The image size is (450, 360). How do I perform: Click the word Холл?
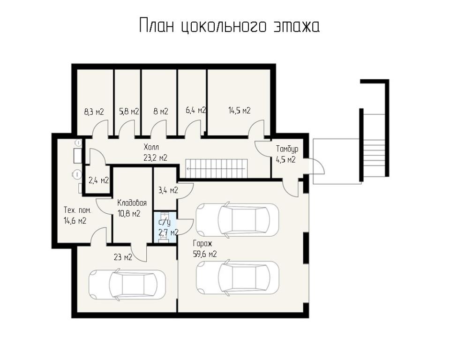pos(151,148)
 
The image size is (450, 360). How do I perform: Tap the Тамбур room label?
pos(287,149)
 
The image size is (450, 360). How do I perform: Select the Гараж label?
pos(202,244)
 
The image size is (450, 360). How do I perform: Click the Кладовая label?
pos(132,203)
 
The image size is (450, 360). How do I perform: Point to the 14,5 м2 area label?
pos(240,111)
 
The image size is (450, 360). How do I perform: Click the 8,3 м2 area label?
pos(94,112)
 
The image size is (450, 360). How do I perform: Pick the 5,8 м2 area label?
pos(129,111)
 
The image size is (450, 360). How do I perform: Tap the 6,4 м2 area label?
pos(196,110)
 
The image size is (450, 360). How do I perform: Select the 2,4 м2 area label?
pos(99,180)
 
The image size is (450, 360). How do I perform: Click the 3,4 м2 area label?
pos(168,190)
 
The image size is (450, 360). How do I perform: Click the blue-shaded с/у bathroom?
pos(165,227)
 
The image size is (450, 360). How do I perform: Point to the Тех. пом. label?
pos(77,210)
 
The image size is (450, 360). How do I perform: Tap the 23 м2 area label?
pos(123,257)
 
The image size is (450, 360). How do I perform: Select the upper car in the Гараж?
pos(237,220)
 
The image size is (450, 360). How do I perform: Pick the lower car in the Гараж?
pos(237,277)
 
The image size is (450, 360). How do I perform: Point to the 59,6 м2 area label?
pos(205,254)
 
